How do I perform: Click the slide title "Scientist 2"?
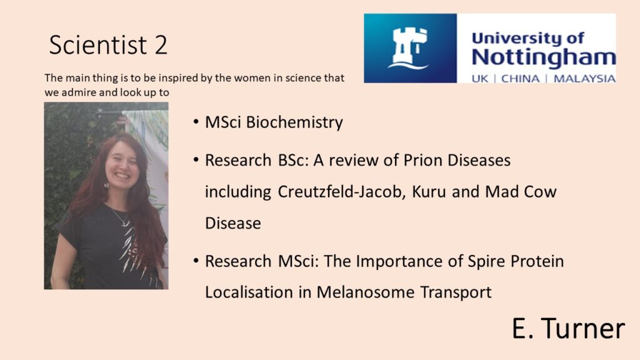tap(108, 44)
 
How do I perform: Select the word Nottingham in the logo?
tap(544, 57)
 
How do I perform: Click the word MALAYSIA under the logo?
tap(584, 78)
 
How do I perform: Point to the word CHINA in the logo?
tap(520, 78)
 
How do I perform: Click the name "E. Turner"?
tap(568, 328)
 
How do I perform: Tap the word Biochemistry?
tap(294, 122)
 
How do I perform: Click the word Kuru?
tap(429, 191)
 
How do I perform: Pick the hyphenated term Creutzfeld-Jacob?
tap(342, 191)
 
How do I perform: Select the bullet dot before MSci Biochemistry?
tap(196, 122)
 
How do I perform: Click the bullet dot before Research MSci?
tap(196, 261)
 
